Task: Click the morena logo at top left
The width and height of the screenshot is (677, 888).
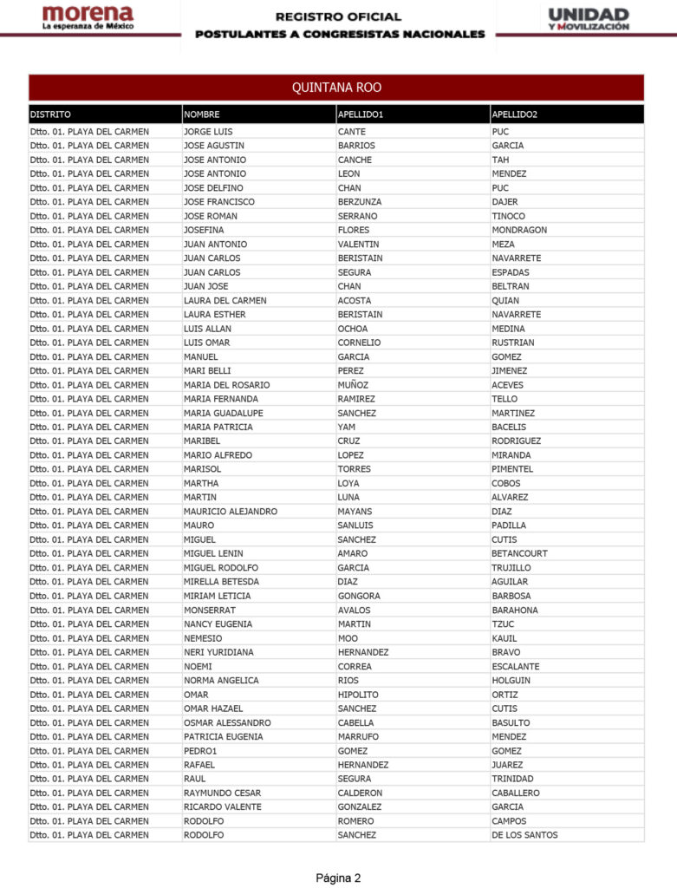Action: pyautogui.click(x=88, y=18)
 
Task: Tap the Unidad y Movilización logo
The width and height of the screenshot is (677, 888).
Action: pyautogui.click(x=589, y=19)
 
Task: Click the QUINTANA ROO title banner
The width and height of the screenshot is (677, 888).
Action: pyautogui.click(x=336, y=88)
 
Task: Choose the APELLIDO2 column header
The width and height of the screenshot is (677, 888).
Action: pyautogui.click(x=514, y=114)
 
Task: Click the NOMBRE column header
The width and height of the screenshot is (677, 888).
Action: pyautogui.click(x=202, y=114)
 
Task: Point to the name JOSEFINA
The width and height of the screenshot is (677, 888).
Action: pyautogui.click(x=204, y=230)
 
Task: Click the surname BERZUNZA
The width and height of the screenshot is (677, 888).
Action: pyautogui.click(x=360, y=202)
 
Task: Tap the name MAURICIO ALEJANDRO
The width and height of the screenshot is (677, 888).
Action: pyautogui.click(x=231, y=512)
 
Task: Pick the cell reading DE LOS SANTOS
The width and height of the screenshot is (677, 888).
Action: pyautogui.click(x=524, y=835)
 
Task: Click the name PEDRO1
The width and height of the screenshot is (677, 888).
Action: pyautogui.click(x=200, y=751)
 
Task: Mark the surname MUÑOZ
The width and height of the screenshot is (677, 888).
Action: pyautogui.click(x=353, y=385)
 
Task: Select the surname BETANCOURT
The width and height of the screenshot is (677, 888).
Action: pyautogui.click(x=519, y=553)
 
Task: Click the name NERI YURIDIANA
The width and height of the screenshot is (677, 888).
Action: pyautogui.click(x=221, y=652)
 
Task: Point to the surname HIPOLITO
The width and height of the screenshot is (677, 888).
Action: pyautogui.click(x=358, y=695)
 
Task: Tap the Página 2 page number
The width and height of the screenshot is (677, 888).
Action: pyautogui.click(x=338, y=878)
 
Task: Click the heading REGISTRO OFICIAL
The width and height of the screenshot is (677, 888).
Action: pyautogui.click(x=339, y=16)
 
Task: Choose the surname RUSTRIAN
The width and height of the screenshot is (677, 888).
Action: pyautogui.click(x=513, y=343)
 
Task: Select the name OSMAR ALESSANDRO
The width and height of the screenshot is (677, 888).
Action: pyautogui.click(x=227, y=722)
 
